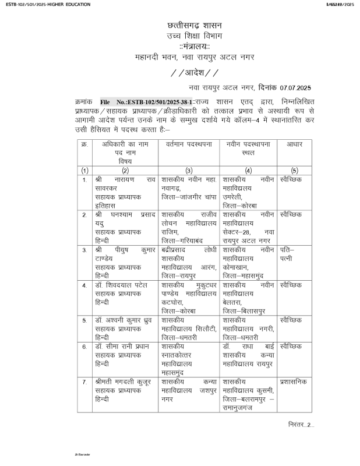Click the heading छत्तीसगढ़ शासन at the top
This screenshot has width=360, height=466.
point(195,26)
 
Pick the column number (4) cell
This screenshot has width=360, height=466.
point(248,170)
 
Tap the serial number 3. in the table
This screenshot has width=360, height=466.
point(84,249)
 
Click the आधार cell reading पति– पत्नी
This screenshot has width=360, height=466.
point(287,253)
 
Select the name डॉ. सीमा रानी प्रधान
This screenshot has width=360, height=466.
point(124,346)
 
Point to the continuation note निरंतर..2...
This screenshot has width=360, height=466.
point(301,423)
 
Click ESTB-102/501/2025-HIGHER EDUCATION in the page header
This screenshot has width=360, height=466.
point(45,5)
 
